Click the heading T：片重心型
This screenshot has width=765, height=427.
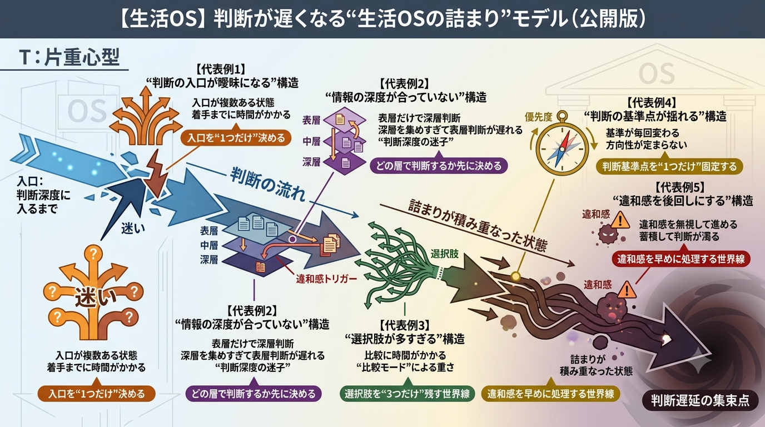69,57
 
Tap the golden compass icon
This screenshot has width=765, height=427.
562,145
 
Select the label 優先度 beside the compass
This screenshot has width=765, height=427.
538,117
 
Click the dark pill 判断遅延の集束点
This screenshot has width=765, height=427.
700,400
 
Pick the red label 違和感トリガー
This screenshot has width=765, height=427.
326,279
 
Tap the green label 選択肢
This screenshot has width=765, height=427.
444,254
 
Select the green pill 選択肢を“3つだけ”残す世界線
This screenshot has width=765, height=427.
407,394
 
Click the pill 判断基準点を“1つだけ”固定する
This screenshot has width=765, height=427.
669,166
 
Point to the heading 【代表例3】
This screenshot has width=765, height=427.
405,325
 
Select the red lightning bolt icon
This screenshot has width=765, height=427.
157,174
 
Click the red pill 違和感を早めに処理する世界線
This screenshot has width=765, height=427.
680,259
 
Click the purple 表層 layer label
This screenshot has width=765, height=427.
311,120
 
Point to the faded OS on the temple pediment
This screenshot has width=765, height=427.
657,74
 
